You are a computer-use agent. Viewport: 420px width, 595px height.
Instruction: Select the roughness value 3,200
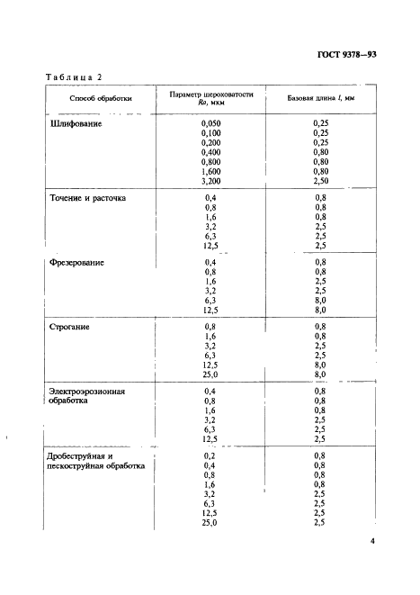click(x=211, y=181)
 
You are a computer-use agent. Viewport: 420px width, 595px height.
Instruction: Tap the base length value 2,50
click(x=321, y=181)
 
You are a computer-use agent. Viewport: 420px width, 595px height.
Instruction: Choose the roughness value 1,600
click(x=211, y=171)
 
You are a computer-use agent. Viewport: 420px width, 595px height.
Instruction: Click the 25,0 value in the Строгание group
click(x=211, y=374)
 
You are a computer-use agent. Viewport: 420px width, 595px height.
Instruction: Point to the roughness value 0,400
click(x=211, y=152)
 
